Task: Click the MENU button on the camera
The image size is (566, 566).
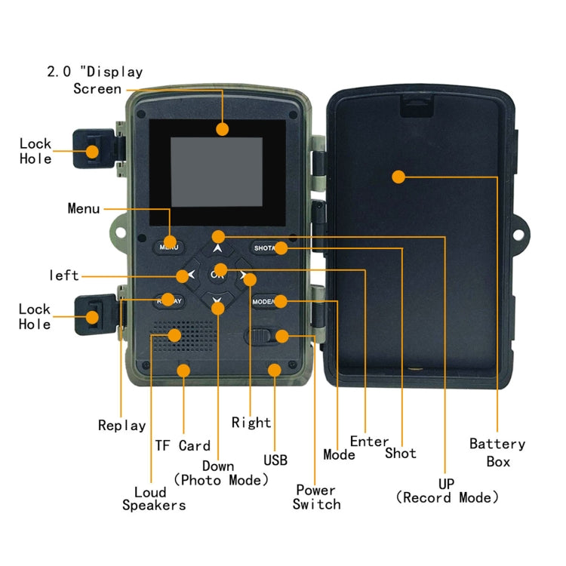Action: pyautogui.click(x=168, y=246)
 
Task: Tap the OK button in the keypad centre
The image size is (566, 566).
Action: pyautogui.click(x=218, y=275)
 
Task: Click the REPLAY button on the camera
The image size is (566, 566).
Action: pyautogui.click(x=168, y=301)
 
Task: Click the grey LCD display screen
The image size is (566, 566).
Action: pyautogui.click(x=216, y=173)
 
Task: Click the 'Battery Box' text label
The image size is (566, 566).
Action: pyautogui.click(x=497, y=452)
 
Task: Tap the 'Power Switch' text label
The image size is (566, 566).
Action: pyautogui.click(x=316, y=497)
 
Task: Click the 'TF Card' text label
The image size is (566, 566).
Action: pyautogui.click(x=183, y=445)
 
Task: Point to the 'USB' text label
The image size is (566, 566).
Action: pyautogui.click(x=275, y=460)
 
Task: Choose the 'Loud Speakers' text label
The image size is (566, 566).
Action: pyautogui.click(x=154, y=497)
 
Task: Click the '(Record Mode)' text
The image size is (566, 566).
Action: pyautogui.click(x=448, y=497)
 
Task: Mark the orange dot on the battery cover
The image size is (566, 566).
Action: pyautogui.click(x=399, y=177)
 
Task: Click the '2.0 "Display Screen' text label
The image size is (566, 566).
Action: pyautogui.click(x=96, y=80)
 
